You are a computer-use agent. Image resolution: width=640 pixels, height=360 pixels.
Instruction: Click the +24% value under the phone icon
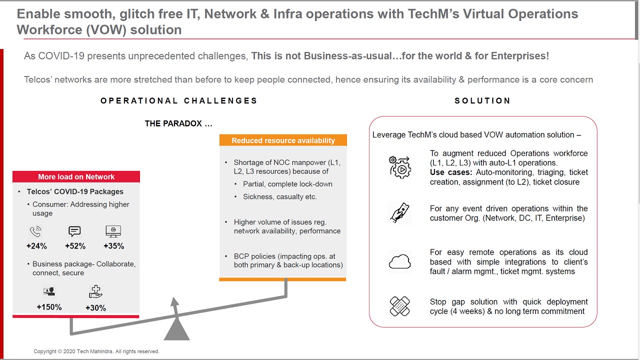click(36, 246)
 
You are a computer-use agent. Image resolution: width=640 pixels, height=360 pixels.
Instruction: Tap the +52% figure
click(75, 246)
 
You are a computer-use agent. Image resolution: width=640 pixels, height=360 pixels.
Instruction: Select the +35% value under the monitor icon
click(113, 246)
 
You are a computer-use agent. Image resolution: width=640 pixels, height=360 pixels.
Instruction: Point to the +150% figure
click(49, 307)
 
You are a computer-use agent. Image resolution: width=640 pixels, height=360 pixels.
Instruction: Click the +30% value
click(95, 307)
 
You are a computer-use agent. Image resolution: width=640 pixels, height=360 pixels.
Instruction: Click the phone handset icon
click(35, 231)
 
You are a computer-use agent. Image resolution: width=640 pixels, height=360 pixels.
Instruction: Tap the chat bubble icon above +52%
click(74, 231)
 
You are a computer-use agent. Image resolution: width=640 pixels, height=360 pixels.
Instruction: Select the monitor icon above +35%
click(113, 231)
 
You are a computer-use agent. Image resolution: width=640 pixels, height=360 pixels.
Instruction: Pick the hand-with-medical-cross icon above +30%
click(95, 291)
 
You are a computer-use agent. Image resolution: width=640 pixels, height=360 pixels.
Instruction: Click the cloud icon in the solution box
click(399, 261)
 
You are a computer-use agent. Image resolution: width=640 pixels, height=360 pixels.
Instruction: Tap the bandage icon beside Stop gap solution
click(399, 306)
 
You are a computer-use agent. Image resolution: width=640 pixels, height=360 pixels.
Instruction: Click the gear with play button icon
click(400, 167)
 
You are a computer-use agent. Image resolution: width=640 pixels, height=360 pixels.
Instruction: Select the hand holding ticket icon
click(399, 213)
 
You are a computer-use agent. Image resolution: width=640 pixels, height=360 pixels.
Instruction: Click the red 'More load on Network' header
click(76, 177)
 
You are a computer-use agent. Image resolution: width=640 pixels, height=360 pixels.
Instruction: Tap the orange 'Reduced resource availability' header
click(283, 140)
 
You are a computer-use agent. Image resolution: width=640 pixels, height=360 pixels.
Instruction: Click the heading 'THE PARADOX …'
click(178, 123)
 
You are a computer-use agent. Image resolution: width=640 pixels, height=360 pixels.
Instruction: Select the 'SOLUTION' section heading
click(482, 100)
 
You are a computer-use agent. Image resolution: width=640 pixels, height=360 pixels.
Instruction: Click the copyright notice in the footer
click(96, 351)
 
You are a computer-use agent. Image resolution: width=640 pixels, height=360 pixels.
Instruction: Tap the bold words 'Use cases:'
click(451, 172)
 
